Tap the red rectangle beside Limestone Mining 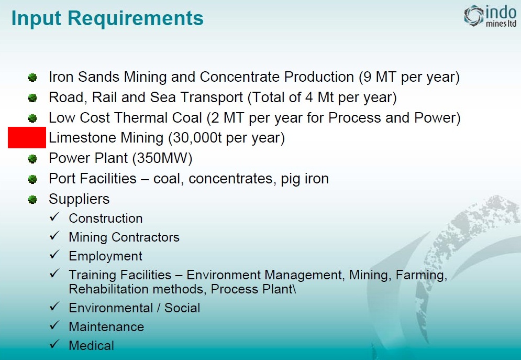point(27,138)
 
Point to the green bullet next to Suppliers point(32,200)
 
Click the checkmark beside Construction point(55,217)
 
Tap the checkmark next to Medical point(55,344)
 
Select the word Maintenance point(106,326)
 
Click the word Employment point(105,256)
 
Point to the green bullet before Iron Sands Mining point(32,78)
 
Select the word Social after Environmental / point(182,308)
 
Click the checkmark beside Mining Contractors point(55,236)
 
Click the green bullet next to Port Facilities point(32,179)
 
